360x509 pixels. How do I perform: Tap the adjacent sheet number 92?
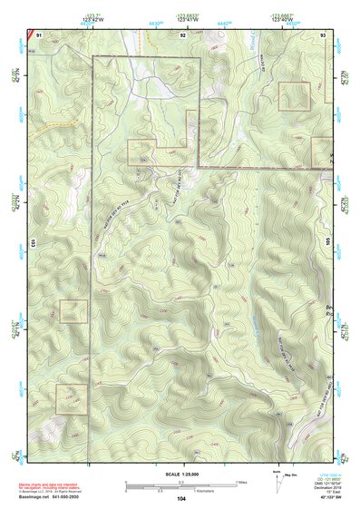[182, 34]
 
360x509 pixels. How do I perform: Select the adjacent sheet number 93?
[324, 34]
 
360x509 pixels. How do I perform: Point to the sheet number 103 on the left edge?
[32, 243]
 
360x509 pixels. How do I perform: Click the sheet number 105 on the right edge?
[328, 243]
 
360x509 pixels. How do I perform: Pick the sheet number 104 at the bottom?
[181, 498]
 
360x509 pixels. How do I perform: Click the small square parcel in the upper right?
[294, 96]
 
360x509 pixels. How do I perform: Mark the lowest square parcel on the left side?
[72, 398]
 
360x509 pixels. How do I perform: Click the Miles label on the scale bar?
[240, 482]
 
